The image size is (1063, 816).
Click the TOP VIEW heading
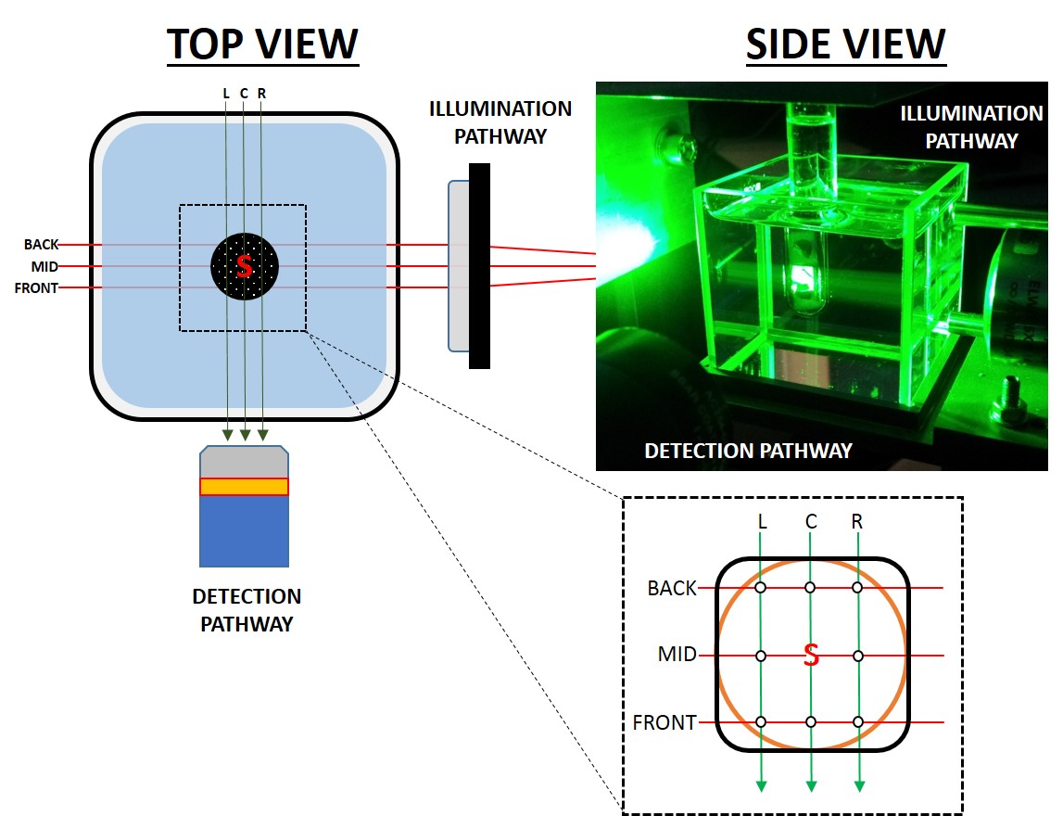262,44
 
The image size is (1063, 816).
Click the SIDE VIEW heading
845,44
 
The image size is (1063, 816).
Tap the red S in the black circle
244,267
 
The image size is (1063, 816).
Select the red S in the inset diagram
811,656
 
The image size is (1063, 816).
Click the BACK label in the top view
41,245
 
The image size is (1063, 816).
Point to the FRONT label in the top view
36,288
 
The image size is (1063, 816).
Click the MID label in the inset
677,656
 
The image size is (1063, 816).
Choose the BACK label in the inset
672,588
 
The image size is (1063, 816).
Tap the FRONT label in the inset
664,722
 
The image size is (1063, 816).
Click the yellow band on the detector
244,487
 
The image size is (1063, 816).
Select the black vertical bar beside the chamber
479,266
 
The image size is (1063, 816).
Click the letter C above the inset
811,522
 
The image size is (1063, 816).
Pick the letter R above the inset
857,522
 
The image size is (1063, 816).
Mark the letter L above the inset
762,522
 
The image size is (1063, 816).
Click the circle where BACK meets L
761,588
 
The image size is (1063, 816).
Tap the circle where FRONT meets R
858,722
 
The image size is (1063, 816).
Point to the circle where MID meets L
761,656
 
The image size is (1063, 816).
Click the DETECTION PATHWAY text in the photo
748,452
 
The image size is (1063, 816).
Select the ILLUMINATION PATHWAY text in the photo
971,127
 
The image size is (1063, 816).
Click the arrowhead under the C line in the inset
811,786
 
